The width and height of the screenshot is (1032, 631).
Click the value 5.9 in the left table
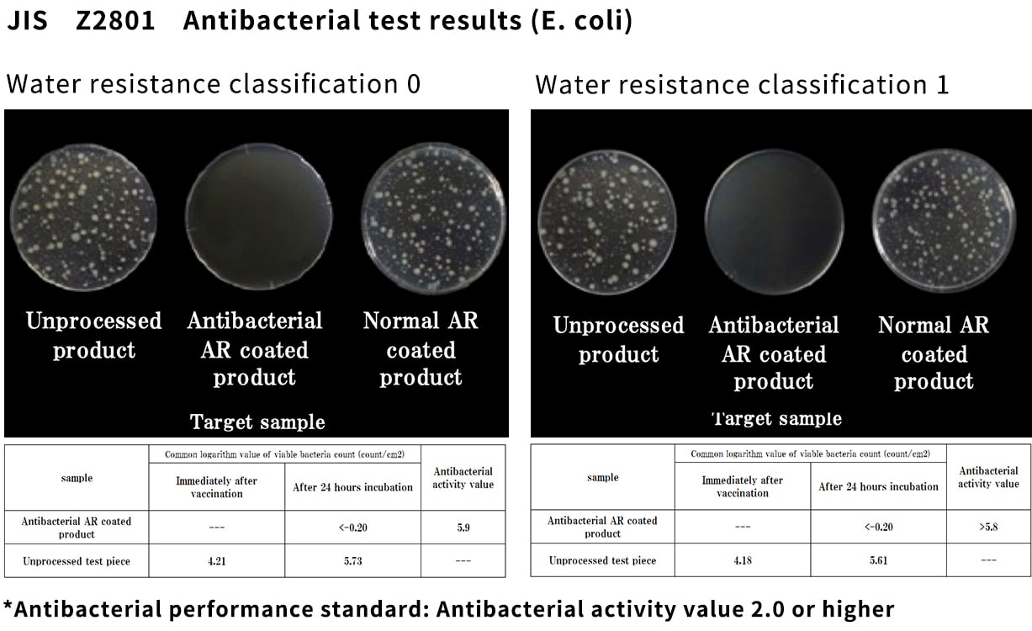pos(463,528)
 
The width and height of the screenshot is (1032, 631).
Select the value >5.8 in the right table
pos(988,527)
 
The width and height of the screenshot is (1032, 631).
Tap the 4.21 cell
pos(216,561)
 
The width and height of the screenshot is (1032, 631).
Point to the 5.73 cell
pos(352,561)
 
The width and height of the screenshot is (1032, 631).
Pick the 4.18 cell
pos(742,560)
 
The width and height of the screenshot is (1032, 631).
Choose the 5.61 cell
pos(878,560)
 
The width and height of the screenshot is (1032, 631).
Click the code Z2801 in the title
pos(115,21)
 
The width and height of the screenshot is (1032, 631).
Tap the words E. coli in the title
pos(582,21)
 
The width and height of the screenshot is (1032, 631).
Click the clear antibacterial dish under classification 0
pos(258,216)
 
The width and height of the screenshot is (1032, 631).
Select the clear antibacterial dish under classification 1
pos(775,221)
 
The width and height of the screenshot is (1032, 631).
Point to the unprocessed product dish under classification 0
pos(83,218)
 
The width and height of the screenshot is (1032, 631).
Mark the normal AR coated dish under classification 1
pos(944,220)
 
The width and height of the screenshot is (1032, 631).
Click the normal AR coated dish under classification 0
pos(433,218)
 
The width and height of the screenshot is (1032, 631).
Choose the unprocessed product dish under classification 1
pos(607,222)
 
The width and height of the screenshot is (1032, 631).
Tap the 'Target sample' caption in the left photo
pos(257,422)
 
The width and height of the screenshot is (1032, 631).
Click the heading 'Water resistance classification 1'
pos(742,85)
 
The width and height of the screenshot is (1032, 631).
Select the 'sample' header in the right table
pos(602,478)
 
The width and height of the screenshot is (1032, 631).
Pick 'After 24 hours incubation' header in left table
pos(352,487)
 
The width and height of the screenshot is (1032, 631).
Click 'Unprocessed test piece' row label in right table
pos(602,560)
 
